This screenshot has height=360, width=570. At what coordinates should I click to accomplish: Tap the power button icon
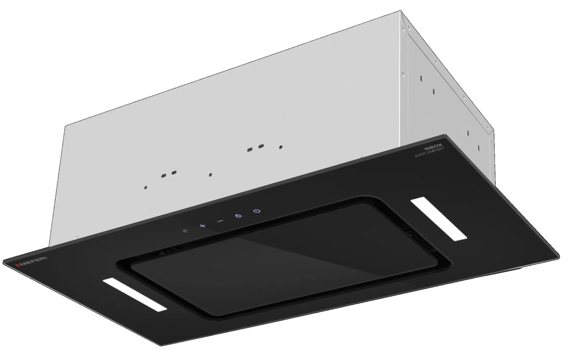[257, 211]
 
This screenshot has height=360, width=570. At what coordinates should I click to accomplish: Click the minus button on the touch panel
[220, 221]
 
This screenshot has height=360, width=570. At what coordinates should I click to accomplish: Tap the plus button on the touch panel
[202, 226]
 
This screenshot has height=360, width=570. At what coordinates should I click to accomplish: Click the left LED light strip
[135, 295]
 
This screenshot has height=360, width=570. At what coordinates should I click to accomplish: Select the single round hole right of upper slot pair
[280, 146]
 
